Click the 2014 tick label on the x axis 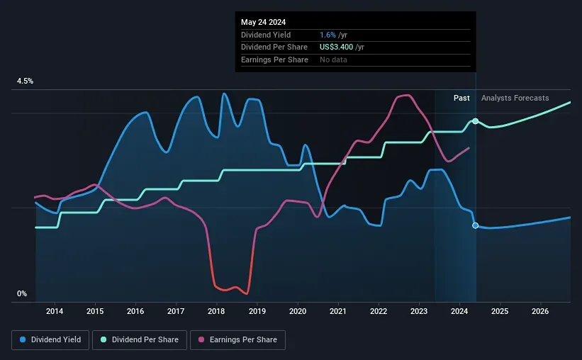[55, 311]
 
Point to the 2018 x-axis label [216, 311]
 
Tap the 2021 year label [338, 311]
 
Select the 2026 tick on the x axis [540, 311]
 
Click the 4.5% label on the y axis [25, 81]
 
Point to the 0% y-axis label [22, 293]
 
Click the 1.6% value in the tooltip [328, 35]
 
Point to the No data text [333, 60]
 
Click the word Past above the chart [461, 98]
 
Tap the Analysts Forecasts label [515, 98]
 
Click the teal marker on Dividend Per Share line [475, 121]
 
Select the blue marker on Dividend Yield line [475, 225]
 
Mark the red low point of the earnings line [245, 292]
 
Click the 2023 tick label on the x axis [419, 311]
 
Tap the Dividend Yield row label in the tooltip [266, 35]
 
